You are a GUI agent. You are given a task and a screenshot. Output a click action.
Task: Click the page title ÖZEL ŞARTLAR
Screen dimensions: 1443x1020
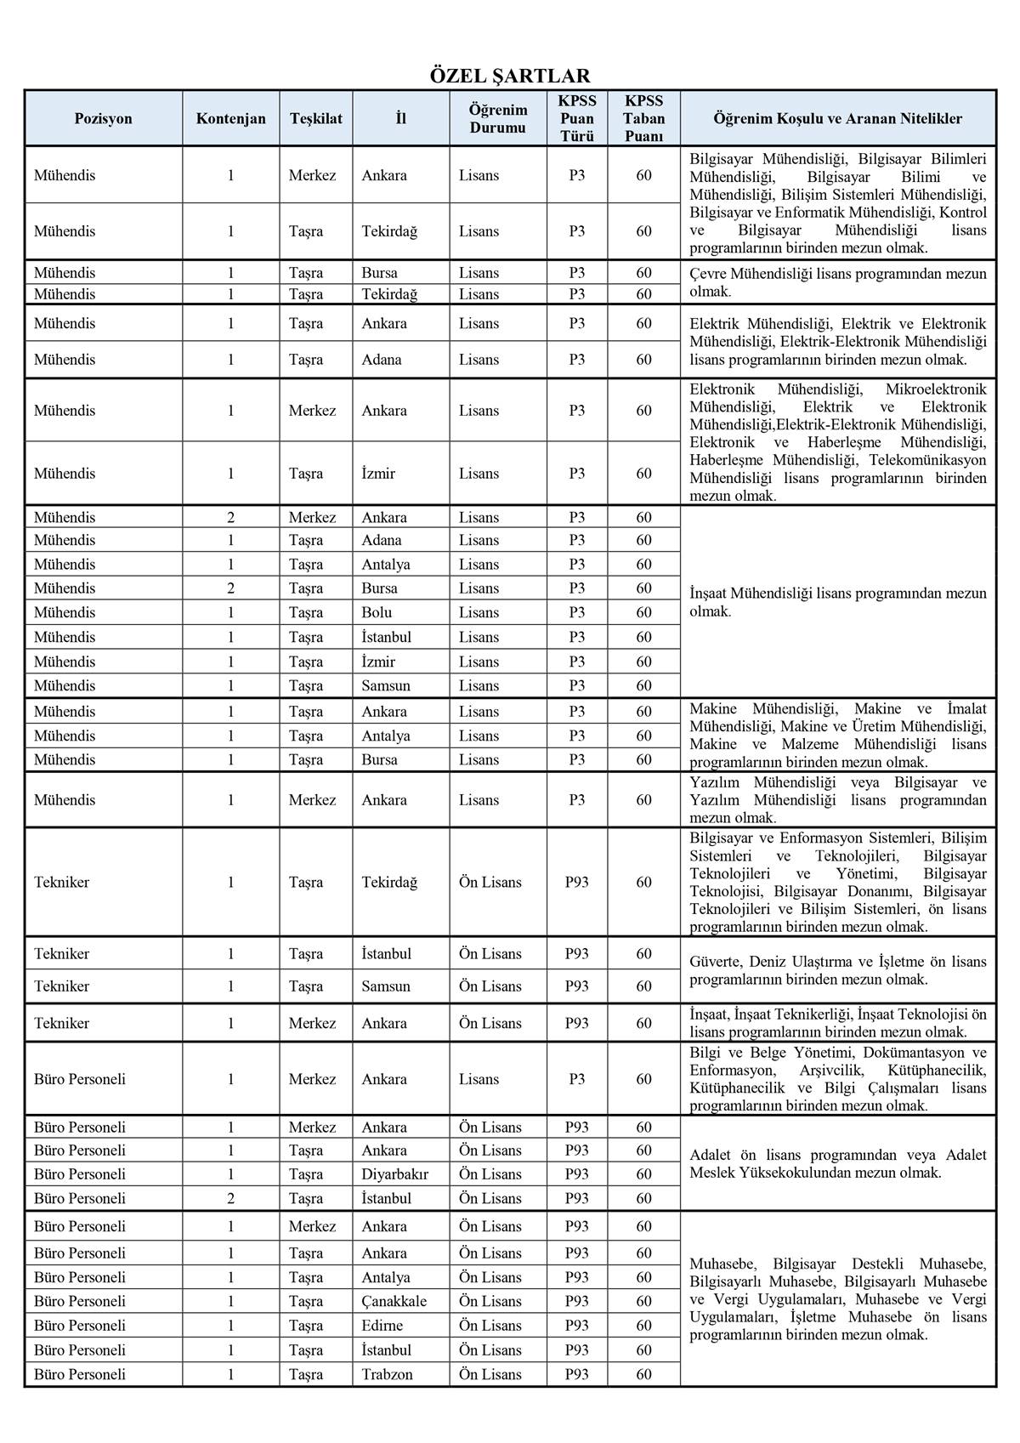pyautogui.click(x=509, y=76)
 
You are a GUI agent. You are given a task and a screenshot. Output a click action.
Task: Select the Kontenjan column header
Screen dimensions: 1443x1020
pyautogui.click(x=230, y=119)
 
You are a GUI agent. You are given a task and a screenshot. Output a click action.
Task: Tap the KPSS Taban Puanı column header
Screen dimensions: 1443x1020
pyautogui.click(x=643, y=118)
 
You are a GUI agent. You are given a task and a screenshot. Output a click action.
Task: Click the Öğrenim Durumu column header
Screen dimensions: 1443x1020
pyautogui.click(x=497, y=118)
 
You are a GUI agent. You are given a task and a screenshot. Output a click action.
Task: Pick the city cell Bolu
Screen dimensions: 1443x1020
pyautogui.click(x=377, y=612)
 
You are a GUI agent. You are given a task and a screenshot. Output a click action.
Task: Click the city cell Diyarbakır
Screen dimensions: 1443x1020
pyautogui.click(x=394, y=1174)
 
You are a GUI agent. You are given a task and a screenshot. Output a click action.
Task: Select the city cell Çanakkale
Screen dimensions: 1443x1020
pyautogui.click(x=394, y=1301)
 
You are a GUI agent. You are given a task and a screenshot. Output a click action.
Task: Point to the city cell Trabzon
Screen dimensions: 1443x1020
pyautogui.click(x=387, y=1374)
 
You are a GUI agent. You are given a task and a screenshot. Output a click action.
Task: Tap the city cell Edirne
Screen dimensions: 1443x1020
pyautogui.click(x=382, y=1326)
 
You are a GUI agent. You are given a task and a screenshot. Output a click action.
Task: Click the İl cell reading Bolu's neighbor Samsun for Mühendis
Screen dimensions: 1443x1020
pyautogui.click(x=386, y=685)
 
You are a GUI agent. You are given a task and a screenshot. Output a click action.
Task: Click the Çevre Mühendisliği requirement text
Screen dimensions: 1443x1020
pyautogui.click(x=837, y=282)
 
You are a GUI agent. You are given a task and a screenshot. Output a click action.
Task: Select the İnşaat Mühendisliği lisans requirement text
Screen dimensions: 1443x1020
pyautogui.click(x=837, y=602)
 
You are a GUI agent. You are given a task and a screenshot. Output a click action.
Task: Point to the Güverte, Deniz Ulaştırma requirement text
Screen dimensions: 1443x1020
pyautogui.click(x=837, y=970)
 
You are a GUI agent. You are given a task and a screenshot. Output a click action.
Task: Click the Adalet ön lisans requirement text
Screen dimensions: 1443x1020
pyautogui.click(x=837, y=1163)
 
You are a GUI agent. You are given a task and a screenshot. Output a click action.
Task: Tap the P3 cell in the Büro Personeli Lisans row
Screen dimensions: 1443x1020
pyautogui.click(x=576, y=1079)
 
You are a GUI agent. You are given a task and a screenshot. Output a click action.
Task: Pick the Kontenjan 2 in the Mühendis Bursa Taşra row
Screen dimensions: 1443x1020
pyautogui.click(x=230, y=588)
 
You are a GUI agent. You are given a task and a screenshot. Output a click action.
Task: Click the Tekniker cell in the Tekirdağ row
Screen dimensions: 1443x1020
pyautogui.click(x=61, y=883)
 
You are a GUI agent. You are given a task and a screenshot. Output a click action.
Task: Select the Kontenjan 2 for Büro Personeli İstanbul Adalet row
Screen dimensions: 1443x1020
pyautogui.click(x=230, y=1198)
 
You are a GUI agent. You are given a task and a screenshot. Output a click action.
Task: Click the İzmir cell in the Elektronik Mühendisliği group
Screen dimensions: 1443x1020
pyautogui.click(x=378, y=474)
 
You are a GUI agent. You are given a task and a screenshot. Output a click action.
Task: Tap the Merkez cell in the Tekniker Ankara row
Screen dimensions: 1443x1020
pyautogui.click(x=312, y=1023)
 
